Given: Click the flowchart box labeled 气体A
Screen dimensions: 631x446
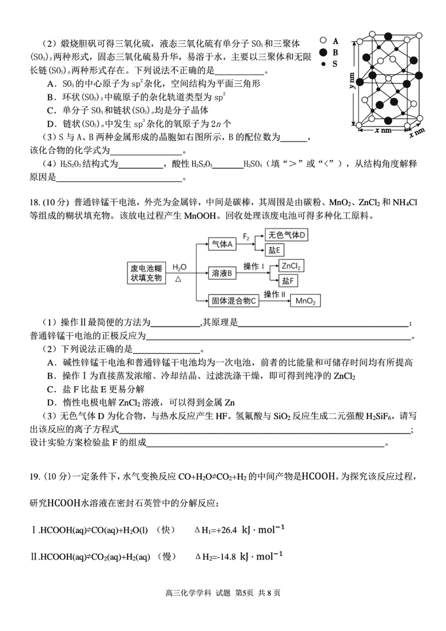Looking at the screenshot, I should click(x=222, y=244).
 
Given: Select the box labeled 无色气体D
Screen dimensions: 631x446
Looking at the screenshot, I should click(x=287, y=235).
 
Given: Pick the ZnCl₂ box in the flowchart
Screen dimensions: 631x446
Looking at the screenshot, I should click(x=292, y=266).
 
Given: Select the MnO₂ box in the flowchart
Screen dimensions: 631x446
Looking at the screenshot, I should click(x=306, y=301).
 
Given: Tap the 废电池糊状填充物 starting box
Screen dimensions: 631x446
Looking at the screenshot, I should click(x=146, y=272).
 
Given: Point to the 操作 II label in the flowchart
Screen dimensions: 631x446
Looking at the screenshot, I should click(x=274, y=294).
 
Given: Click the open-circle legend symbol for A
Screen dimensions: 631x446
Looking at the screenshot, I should click(x=323, y=41).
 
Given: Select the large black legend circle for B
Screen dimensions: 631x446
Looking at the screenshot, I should click(x=323, y=52).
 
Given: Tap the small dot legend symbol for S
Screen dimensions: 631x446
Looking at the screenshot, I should click(x=323, y=64).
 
